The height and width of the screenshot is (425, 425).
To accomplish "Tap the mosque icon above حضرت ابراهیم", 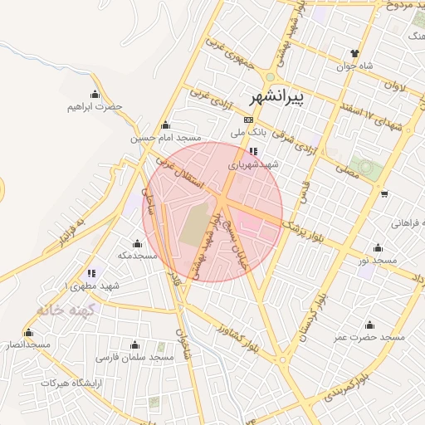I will (95, 94).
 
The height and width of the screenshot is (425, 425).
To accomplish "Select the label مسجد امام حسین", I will (166, 139).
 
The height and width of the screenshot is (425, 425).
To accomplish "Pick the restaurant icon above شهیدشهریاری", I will (253, 152).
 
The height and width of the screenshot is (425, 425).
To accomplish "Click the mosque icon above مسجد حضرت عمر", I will (369, 325).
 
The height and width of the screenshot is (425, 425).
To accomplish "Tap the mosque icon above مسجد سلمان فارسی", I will (135, 344).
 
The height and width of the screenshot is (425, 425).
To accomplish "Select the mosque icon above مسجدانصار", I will (28, 332).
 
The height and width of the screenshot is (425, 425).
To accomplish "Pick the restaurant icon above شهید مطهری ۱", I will (91, 272).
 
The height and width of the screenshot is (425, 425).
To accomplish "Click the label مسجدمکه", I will (137, 256).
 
